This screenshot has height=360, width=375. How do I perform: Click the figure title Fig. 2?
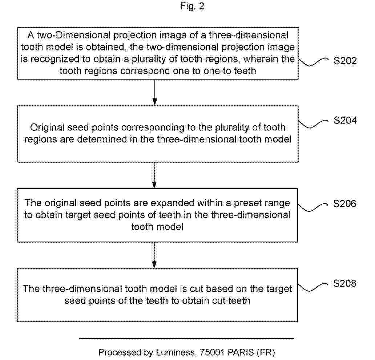[192, 7]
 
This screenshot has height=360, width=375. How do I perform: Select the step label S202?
[345, 61]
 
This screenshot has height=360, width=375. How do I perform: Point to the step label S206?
[345, 203]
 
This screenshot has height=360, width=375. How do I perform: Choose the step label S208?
[345, 283]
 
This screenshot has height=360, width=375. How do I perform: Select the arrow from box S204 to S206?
[155, 175]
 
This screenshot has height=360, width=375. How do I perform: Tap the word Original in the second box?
[45, 128]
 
